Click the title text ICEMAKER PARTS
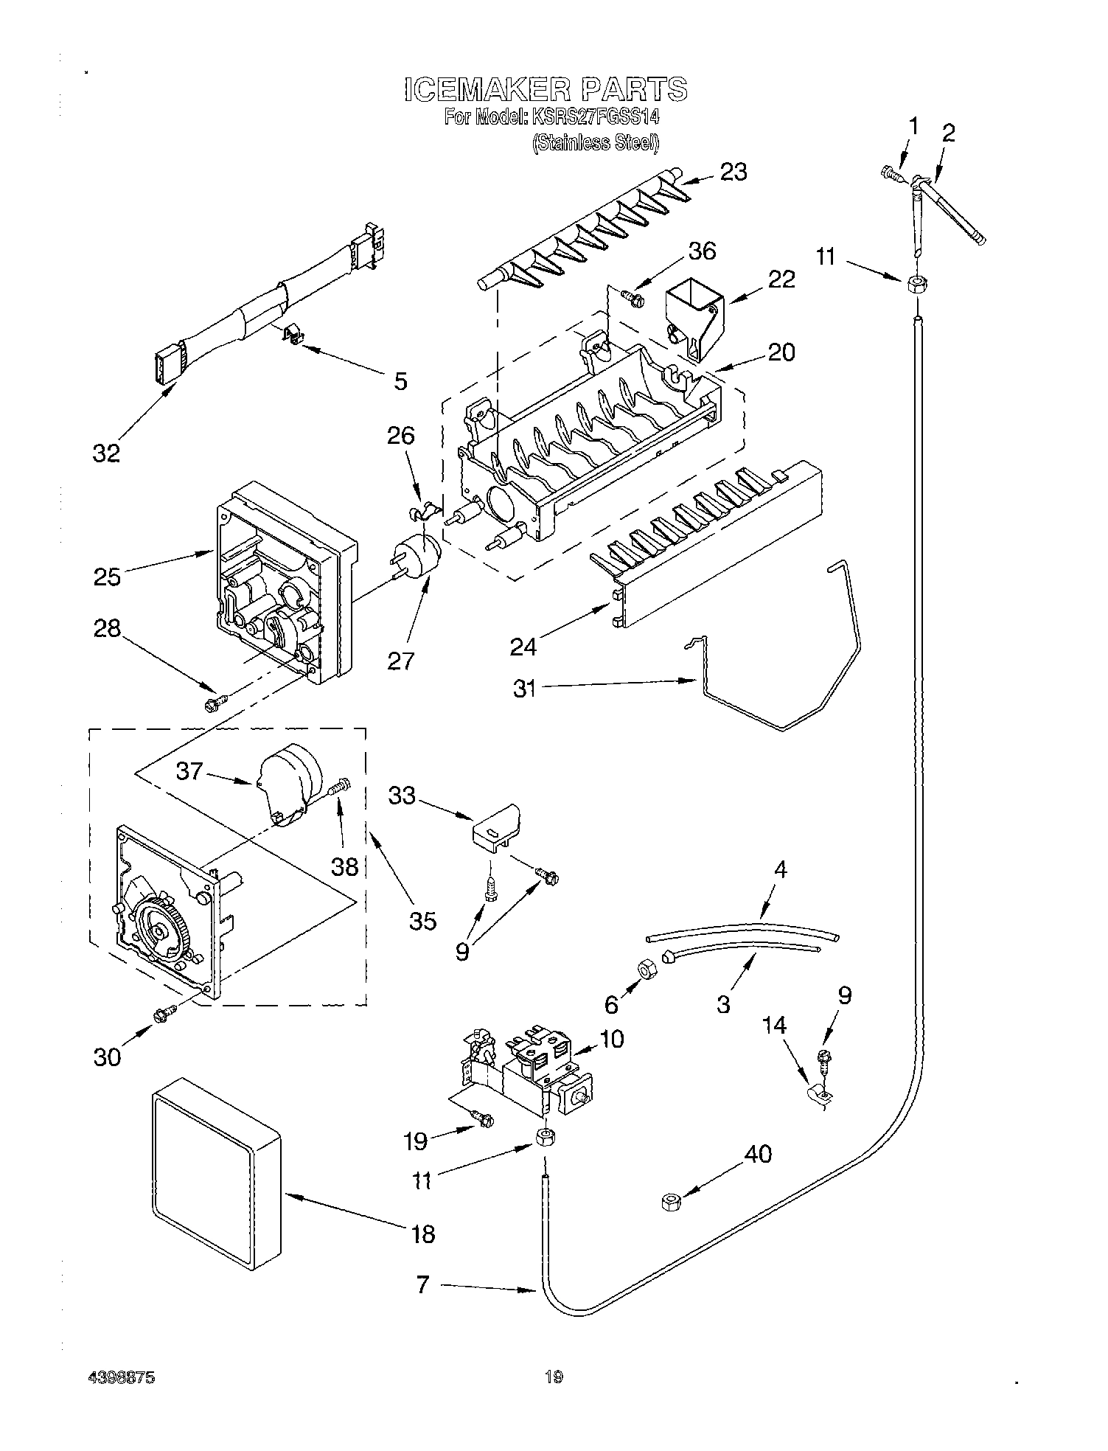click(546, 88)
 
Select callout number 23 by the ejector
click(734, 172)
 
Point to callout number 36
click(701, 251)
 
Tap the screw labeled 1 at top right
click(892, 174)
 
